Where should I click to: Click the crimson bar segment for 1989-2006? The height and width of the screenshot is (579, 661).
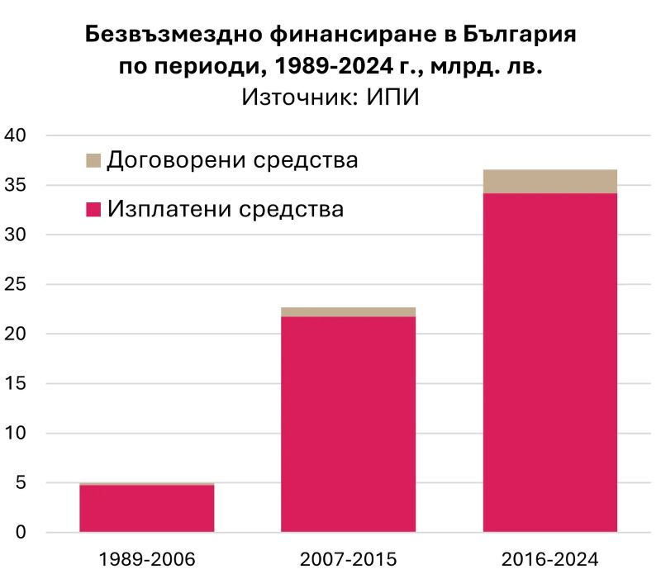(x=146, y=508)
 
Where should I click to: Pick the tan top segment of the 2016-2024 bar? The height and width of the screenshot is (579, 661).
(x=550, y=181)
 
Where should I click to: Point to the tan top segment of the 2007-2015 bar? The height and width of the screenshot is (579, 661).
(x=348, y=311)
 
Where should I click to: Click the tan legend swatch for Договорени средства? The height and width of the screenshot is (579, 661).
(x=93, y=160)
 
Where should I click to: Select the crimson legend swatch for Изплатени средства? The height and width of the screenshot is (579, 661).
(x=93, y=209)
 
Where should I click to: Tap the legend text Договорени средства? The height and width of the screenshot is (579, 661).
(x=232, y=159)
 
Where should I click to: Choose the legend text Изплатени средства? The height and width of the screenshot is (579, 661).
(x=225, y=208)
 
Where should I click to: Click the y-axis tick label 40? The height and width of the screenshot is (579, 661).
(x=17, y=135)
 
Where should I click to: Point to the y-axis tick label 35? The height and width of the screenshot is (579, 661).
(x=17, y=185)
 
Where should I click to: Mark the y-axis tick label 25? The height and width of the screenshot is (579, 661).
(x=17, y=284)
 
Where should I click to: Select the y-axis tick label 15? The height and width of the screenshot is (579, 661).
(x=17, y=383)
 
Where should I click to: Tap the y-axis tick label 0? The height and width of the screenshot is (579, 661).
(x=22, y=532)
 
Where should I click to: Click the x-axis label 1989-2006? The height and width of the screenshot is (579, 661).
(x=146, y=559)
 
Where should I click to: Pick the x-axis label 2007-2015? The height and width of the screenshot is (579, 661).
(x=348, y=559)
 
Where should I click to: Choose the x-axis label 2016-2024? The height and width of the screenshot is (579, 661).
(x=550, y=559)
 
